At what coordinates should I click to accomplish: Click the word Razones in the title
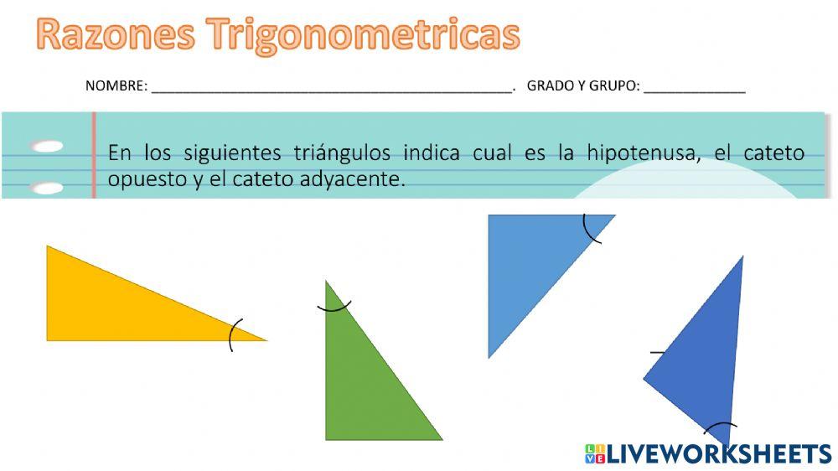point(116,35)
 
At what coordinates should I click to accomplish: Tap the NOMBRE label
point(116,85)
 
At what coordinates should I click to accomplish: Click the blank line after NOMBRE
point(331,87)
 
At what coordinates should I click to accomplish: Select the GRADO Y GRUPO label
point(583,85)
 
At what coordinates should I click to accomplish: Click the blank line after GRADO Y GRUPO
point(695,87)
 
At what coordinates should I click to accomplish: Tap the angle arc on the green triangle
point(334,308)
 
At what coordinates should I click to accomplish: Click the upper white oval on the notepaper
point(48,147)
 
